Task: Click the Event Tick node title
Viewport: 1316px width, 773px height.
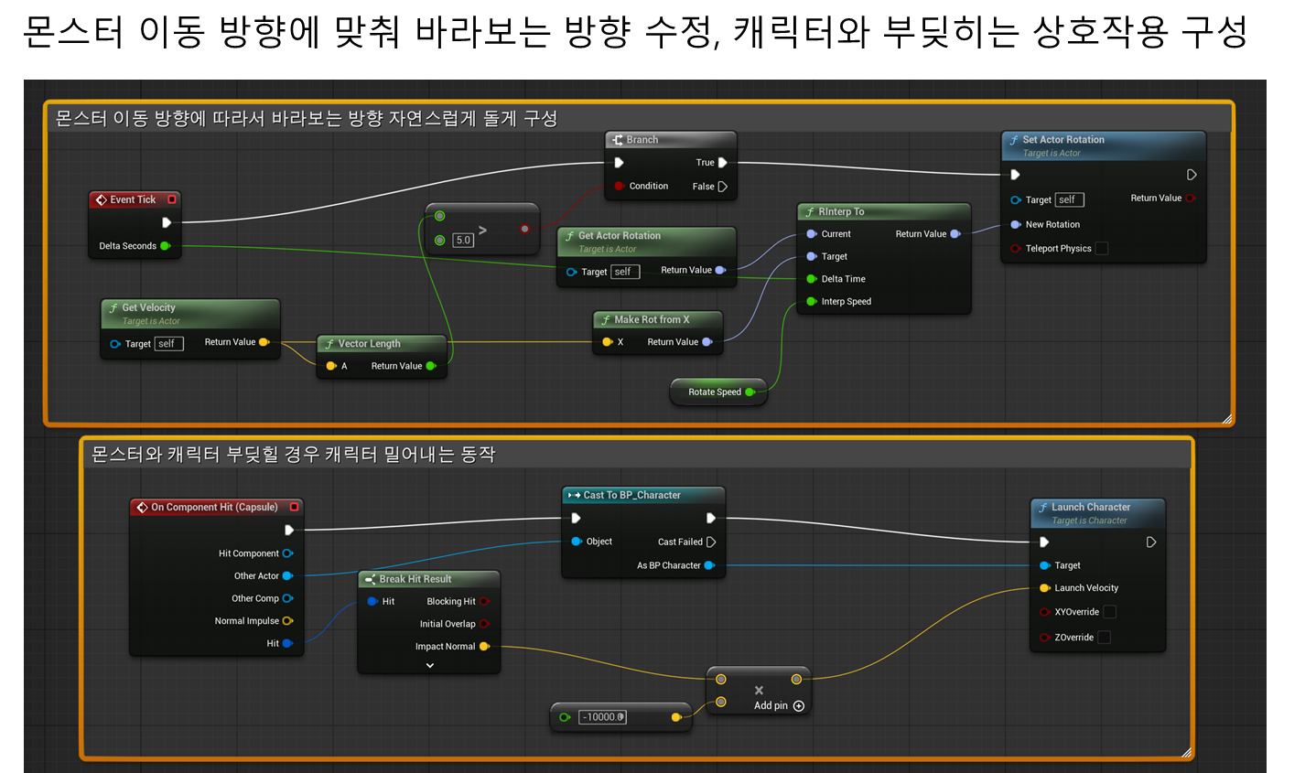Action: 133,199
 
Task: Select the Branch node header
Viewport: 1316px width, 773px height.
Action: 670,140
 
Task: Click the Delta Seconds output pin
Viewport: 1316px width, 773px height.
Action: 166,246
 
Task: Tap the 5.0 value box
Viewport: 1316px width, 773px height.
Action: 463,240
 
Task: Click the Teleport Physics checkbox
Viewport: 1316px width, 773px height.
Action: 1102,249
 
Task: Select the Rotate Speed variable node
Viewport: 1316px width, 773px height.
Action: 718,392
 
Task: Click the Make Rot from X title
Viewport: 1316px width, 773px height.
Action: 652,319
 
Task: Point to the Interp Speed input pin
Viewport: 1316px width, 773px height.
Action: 812,301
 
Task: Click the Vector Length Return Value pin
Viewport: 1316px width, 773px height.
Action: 431,366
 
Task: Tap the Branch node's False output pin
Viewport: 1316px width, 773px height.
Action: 723,187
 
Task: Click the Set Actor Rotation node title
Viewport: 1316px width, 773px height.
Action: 1063,140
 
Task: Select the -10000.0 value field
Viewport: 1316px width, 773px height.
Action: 602,716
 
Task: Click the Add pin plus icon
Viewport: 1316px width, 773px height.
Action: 798,705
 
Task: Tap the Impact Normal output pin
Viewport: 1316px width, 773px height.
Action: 485,646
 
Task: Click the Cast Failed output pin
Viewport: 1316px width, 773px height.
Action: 711,542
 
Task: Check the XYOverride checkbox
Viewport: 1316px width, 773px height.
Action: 1109,612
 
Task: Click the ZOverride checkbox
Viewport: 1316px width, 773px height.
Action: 1104,638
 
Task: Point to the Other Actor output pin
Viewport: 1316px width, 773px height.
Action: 288,575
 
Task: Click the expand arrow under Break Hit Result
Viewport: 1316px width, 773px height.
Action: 430,665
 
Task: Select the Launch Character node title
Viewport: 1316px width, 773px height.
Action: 1090,507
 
